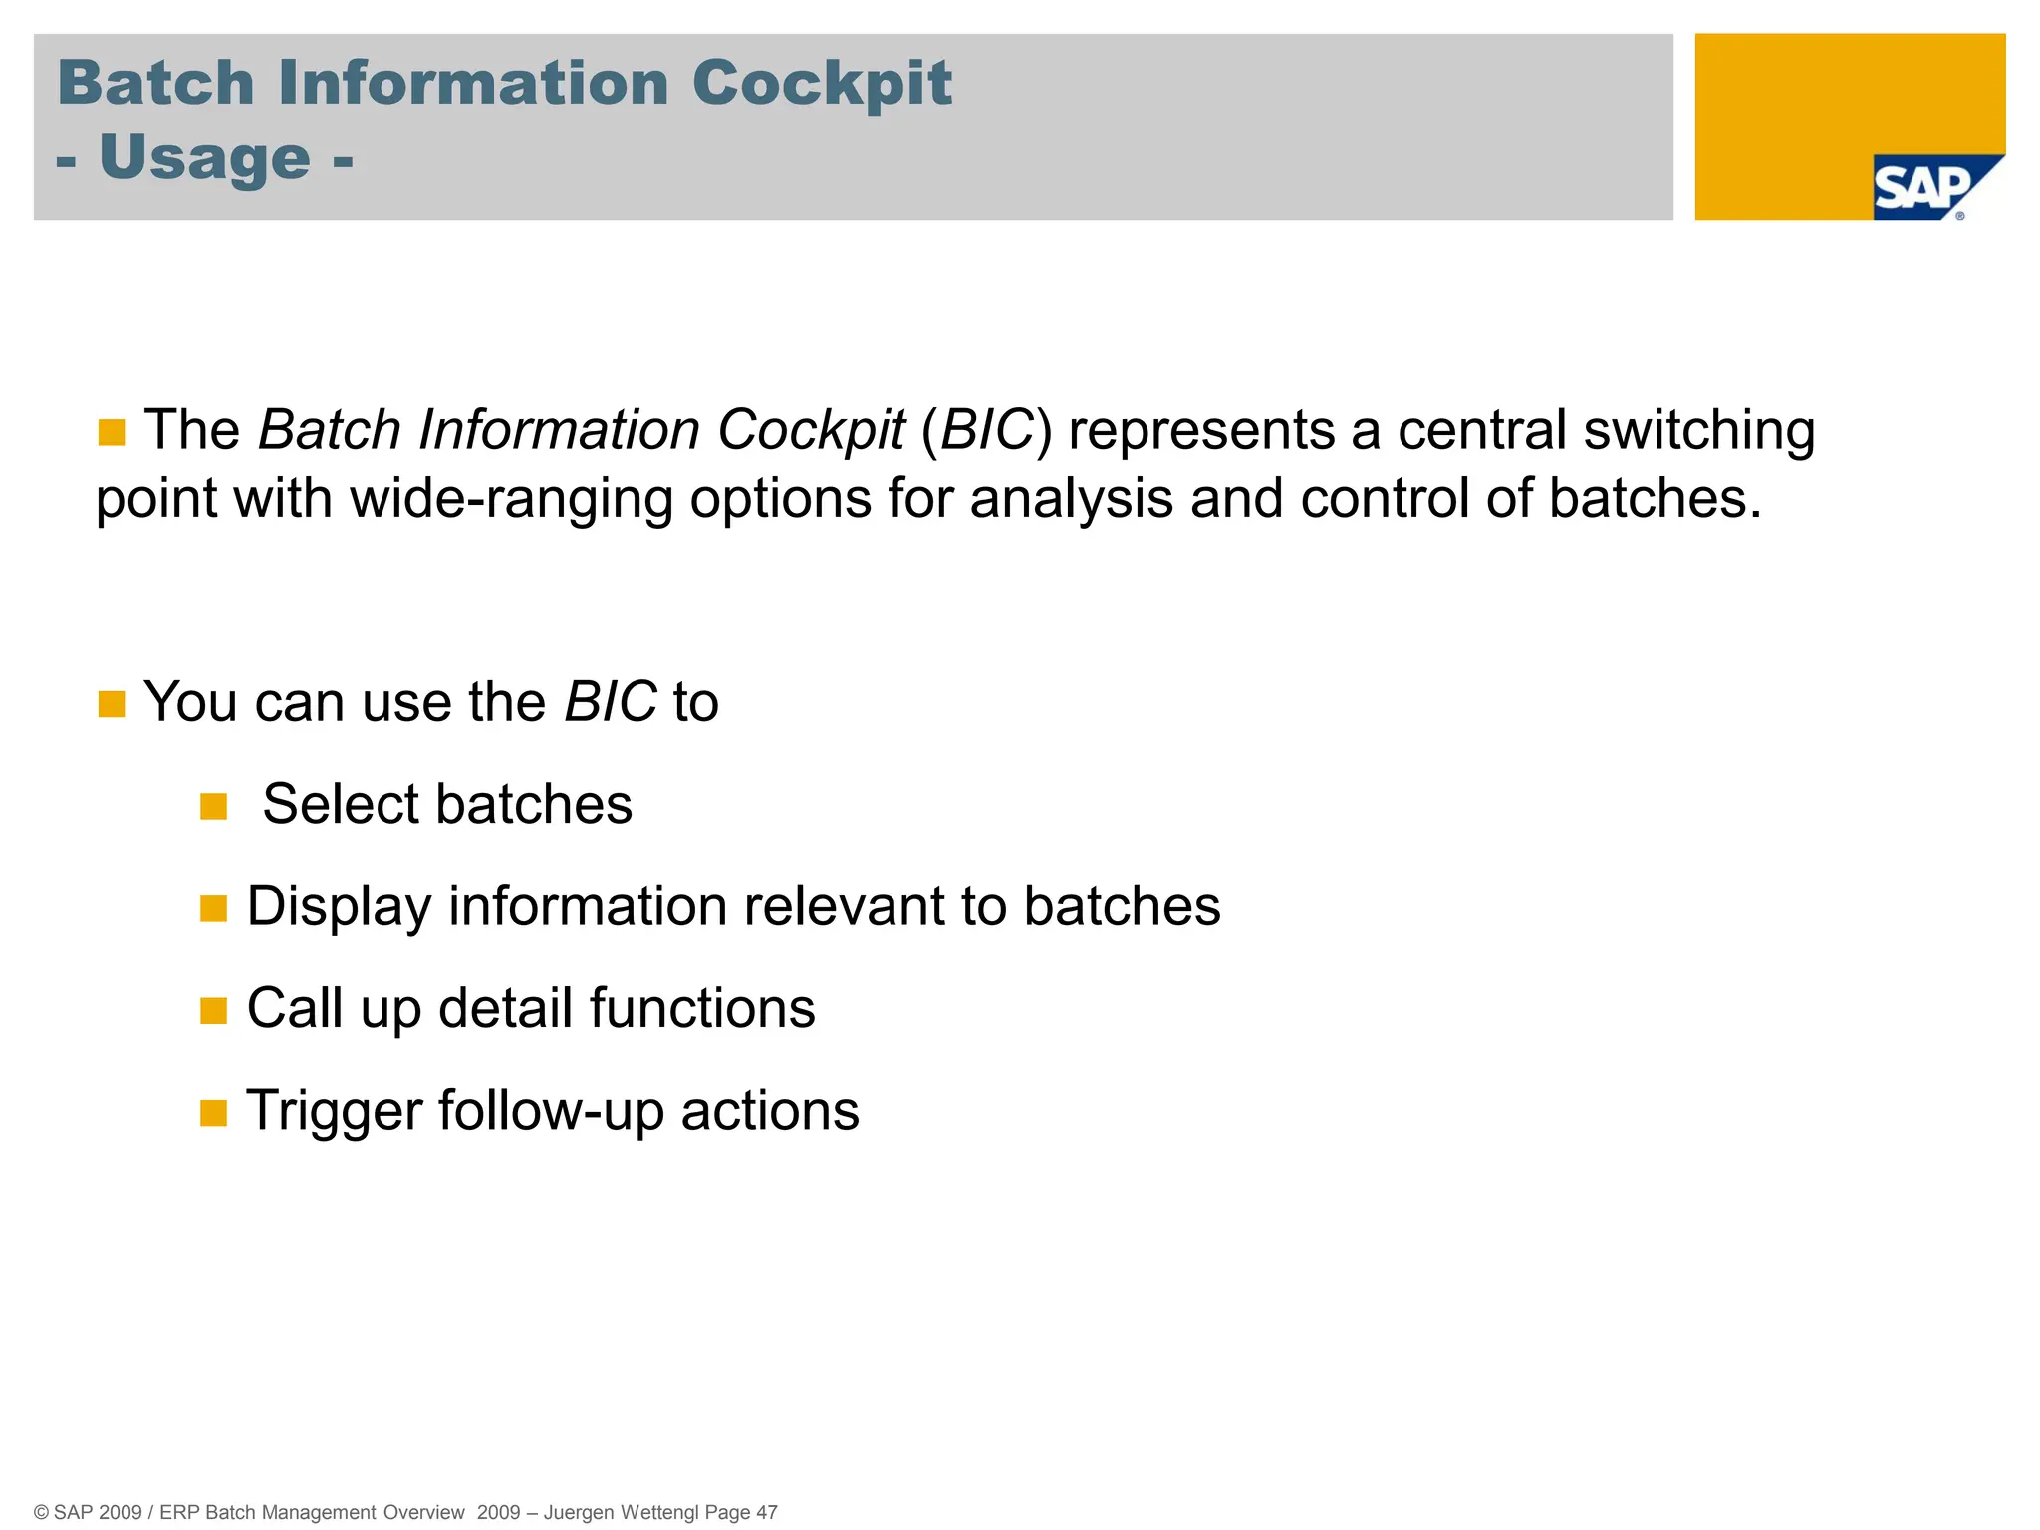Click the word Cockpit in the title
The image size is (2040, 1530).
click(822, 83)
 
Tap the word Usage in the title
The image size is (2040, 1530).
click(205, 158)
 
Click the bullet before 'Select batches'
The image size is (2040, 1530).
click(213, 806)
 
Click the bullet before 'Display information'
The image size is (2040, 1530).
click(213, 908)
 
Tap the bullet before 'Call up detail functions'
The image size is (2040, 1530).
click(213, 1011)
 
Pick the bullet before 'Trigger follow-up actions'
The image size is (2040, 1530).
click(213, 1113)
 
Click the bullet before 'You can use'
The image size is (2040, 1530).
click(112, 704)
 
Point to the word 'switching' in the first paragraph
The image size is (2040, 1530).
click(1699, 432)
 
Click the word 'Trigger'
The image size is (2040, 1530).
click(334, 1112)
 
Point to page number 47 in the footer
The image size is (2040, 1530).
click(766, 1512)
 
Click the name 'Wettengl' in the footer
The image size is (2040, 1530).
click(659, 1512)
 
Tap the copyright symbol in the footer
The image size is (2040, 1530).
click(41, 1513)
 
